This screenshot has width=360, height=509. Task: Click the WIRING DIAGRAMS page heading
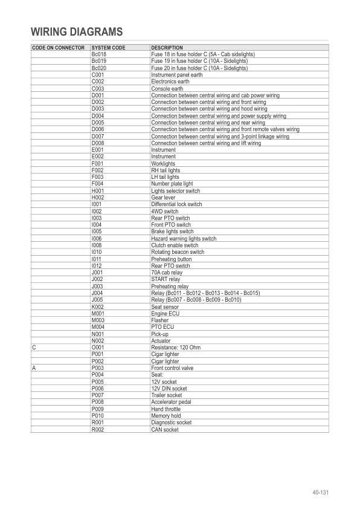[x=77, y=32]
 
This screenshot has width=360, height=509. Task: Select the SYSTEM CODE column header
[x=108, y=48]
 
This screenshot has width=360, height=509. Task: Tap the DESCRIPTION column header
[x=167, y=48]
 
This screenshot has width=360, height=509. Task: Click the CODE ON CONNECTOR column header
[x=58, y=48]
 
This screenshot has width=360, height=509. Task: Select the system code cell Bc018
[x=98, y=54]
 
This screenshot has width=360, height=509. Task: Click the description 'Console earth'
[x=167, y=89]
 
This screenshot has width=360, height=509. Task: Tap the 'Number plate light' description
[x=172, y=184]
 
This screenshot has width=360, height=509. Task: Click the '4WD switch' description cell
[x=164, y=212]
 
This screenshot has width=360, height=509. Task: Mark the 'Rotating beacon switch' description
[x=178, y=252]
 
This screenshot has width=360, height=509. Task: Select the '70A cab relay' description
[x=167, y=273]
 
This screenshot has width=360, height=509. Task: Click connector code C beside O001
[x=34, y=348]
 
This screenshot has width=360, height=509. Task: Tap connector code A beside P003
[x=34, y=368]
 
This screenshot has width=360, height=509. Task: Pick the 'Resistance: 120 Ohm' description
[x=175, y=348]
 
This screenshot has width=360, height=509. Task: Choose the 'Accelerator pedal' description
[x=171, y=402]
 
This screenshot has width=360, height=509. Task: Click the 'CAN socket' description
[x=165, y=429]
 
